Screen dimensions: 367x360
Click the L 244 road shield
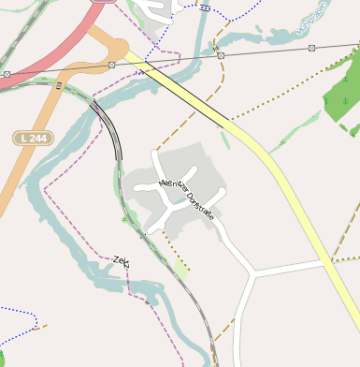point(34,138)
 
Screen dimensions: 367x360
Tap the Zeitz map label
point(122,261)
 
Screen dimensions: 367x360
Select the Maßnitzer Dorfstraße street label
point(187,199)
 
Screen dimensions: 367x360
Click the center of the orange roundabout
point(118,46)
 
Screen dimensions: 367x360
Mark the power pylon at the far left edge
point(7,73)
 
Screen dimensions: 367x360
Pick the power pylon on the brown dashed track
point(221,56)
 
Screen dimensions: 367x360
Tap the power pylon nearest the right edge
point(311,47)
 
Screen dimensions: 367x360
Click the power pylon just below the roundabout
point(111,65)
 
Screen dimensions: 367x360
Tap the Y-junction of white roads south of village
point(253,274)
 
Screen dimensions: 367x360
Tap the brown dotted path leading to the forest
point(281,102)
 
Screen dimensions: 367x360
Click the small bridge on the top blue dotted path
point(204,7)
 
